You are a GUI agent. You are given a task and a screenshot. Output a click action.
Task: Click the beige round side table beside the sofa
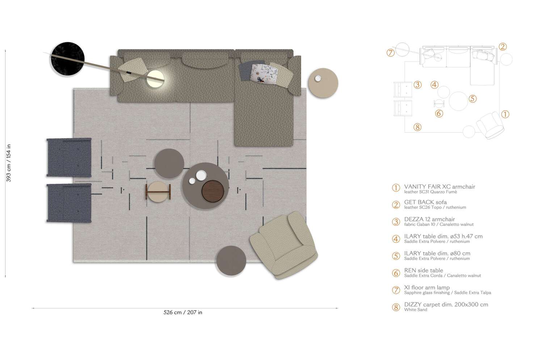[x=323, y=83]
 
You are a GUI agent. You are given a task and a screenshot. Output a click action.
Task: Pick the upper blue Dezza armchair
[x=69, y=157]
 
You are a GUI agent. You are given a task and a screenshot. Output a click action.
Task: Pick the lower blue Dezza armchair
[x=69, y=202]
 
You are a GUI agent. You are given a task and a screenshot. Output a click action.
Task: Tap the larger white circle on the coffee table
[x=201, y=175]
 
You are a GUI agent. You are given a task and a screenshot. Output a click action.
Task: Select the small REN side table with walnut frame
[x=158, y=191]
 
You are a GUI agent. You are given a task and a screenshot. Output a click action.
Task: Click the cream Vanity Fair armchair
[x=284, y=245]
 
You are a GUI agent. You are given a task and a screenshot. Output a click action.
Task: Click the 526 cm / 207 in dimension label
[x=183, y=312]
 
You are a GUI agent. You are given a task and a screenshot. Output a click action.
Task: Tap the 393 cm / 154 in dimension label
[x=9, y=163]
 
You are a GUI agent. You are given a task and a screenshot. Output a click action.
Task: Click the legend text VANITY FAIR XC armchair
[x=439, y=187]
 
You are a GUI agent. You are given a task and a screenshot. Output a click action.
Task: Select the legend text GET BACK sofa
[x=425, y=202]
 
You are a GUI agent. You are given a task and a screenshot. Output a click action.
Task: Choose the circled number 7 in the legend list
[x=396, y=290]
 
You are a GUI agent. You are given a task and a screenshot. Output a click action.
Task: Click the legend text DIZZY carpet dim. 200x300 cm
[x=446, y=305]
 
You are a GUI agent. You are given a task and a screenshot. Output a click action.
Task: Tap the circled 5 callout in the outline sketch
[x=472, y=99]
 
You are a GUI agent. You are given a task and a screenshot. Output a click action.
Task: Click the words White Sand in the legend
[x=416, y=310]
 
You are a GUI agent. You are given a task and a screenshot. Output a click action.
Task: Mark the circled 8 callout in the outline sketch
[x=417, y=127]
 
